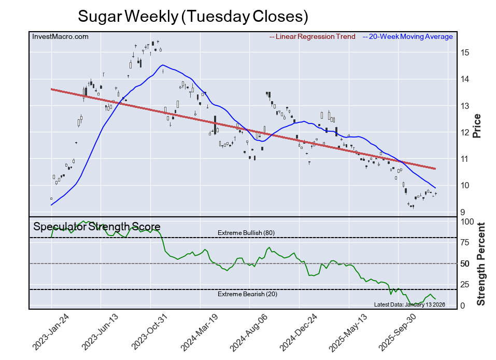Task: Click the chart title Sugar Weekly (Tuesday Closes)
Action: click(x=193, y=16)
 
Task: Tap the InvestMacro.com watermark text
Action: click(x=60, y=36)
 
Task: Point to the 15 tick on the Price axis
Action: click(x=464, y=52)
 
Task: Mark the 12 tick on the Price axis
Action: click(x=464, y=132)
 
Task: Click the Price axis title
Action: click(x=477, y=126)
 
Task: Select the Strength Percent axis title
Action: click(x=481, y=264)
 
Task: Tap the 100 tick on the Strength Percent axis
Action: click(x=467, y=221)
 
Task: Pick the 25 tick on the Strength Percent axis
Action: click(x=465, y=284)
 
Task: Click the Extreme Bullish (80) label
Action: click(x=246, y=233)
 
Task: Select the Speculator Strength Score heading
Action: click(x=96, y=227)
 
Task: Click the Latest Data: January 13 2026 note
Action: click(x=409, y=304)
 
